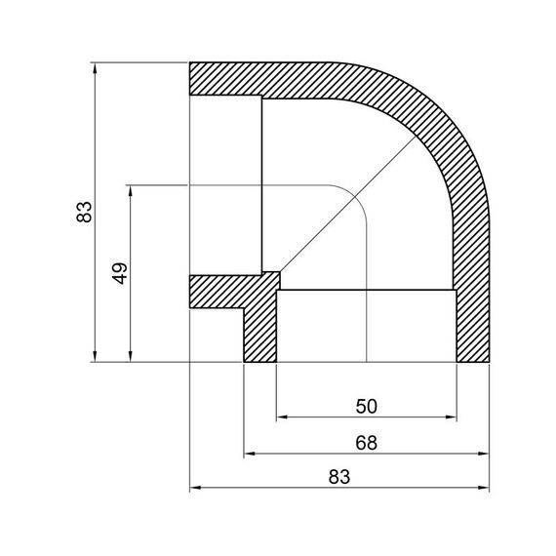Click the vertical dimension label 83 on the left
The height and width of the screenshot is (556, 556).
pyautogui.click(x=85, y=212)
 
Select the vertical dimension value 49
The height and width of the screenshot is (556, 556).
pyautogui.click(x=121, y=272)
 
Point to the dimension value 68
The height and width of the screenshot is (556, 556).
pyautogui.click(x=366, y=442)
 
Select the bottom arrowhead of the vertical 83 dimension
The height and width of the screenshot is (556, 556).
pyautogui.click(x=96, y=357)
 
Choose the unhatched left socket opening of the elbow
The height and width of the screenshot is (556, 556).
pyautogui.click(x=224, y=185)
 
